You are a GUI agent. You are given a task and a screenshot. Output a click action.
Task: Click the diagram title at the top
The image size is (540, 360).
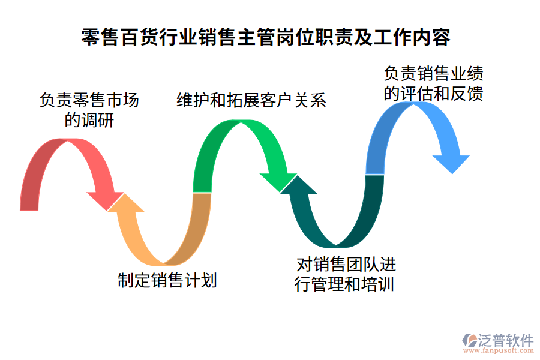tap(265, 37)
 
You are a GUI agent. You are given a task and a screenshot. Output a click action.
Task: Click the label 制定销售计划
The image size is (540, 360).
tap(167, 280)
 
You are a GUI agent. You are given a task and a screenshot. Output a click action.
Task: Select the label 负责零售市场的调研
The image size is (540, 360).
tap(89, 109)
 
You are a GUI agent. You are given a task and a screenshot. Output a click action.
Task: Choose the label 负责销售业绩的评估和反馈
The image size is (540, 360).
tap(433, 83)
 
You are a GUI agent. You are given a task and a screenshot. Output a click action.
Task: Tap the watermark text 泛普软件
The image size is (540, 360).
tap(505, 340)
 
